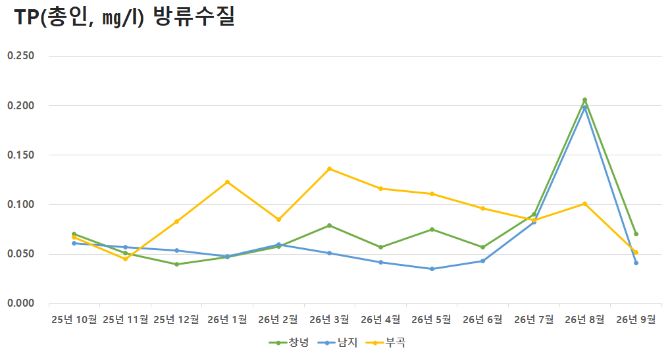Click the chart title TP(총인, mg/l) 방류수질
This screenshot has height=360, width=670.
point(125,18)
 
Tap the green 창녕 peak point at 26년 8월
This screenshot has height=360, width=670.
point(584,100)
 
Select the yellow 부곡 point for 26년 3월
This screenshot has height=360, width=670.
point(330,169)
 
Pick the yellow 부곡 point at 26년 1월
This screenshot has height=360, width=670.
point(227,182)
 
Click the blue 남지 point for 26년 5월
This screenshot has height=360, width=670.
point(432,269)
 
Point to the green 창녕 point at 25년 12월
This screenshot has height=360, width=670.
point(176,265)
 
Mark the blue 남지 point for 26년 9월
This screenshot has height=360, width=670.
point(636,263)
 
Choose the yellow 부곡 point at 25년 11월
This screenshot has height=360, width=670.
point(125,259)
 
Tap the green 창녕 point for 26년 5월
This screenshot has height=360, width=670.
point(432,229)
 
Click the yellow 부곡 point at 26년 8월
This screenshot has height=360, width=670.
point(584,204)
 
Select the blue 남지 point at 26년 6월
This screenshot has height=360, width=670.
point(483,261)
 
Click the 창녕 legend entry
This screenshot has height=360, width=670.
point(289,342)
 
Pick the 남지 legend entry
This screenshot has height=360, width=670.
point(338,342)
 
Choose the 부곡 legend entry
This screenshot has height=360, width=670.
point(386,342)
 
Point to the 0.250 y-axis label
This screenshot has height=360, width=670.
point(20,56)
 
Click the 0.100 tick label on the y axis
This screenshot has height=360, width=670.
point(20,205)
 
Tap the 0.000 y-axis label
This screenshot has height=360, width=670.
point(20,303)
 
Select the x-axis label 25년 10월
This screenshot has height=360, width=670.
point(74,319)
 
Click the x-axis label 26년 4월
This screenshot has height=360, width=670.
point(380,319)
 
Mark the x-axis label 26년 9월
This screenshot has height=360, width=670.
point(636,319)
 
